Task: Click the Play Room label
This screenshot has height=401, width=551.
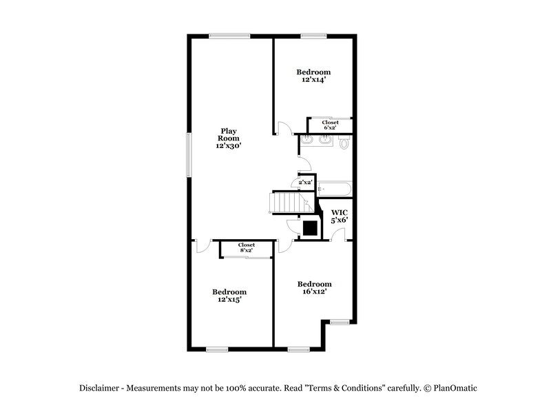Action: (x=229, y=138)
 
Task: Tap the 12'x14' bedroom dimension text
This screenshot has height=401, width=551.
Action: (x=314, y=80)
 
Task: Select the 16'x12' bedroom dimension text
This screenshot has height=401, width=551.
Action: (x=314, y=292)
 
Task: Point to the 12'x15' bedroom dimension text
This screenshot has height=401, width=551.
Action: (x=229, y=300)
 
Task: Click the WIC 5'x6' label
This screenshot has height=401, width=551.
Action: (x=339, y=216)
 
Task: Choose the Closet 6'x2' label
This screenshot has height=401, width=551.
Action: (x=330, y=125)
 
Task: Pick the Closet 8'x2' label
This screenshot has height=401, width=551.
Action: (x=246, y=247)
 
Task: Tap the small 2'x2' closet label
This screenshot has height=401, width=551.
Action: (x=303, y=183)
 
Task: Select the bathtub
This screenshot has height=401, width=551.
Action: (x=335, y=188)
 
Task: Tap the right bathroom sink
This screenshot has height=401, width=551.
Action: (x=326, y=142)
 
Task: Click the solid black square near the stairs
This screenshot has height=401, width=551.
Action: (x=309, y=228)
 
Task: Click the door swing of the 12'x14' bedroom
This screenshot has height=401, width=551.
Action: (x=283, y=128)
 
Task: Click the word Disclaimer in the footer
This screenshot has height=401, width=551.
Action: (x=102, y=388)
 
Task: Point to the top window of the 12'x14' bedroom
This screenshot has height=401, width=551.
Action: (x=314, y=37)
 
